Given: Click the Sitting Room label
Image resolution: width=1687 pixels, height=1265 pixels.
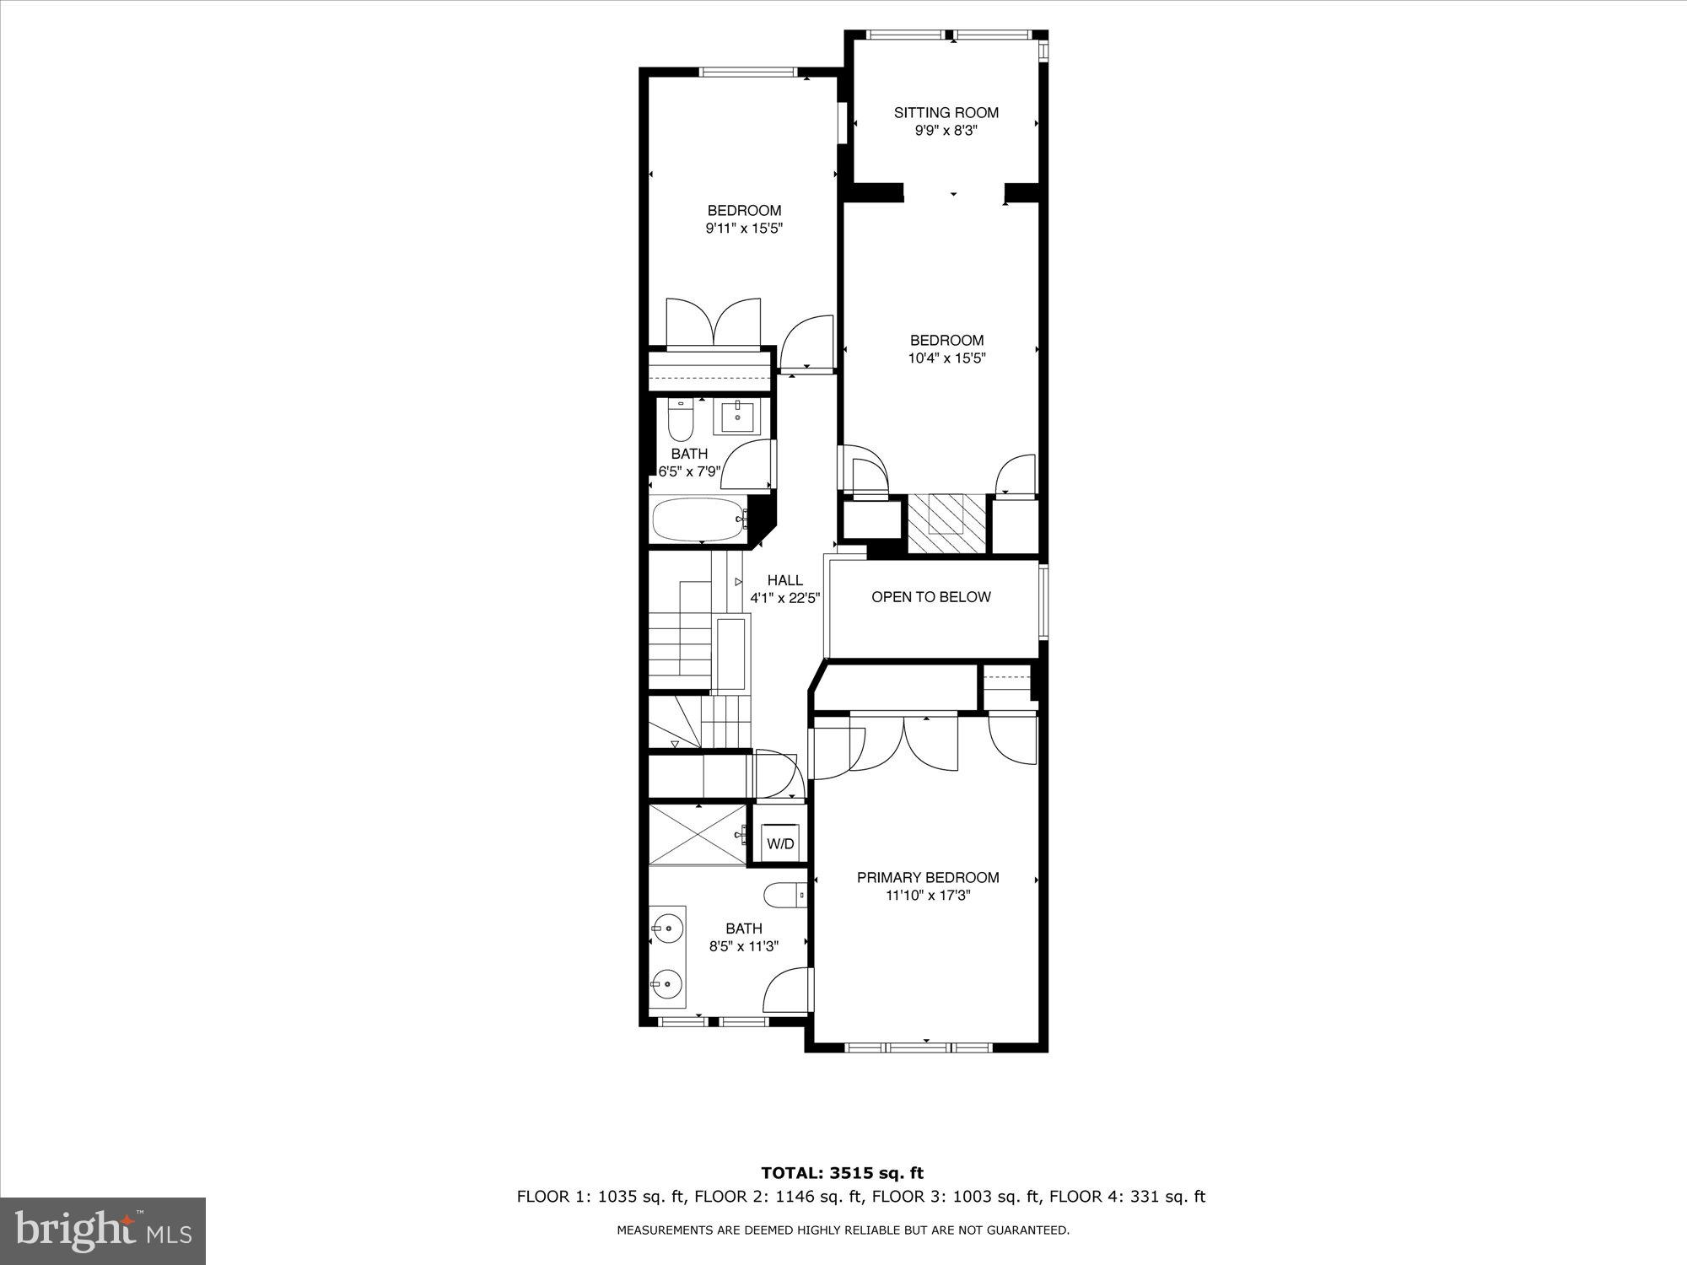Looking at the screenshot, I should coord(946,112).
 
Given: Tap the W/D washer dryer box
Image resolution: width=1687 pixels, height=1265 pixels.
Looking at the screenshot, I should coord(779,843).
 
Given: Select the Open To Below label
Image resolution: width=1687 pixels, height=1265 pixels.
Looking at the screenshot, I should coord(930,597).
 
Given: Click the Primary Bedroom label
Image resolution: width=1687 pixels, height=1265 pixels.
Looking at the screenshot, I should coord(928,878).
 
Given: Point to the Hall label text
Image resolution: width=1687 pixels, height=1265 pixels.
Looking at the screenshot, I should coord(784,580).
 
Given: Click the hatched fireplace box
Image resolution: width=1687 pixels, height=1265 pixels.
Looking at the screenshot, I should coord(946,524).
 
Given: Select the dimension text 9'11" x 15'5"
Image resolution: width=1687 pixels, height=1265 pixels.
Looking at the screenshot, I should coord(745,229).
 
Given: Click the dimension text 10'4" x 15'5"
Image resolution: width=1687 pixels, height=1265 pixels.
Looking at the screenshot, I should coord(946,358).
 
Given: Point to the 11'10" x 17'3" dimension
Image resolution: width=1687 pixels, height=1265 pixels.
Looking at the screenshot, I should coord(928,896).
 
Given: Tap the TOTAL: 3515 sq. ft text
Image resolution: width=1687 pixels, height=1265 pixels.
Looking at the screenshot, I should coord(843,1173).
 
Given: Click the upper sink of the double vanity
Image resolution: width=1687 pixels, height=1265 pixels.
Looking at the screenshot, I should coord(667,929).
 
